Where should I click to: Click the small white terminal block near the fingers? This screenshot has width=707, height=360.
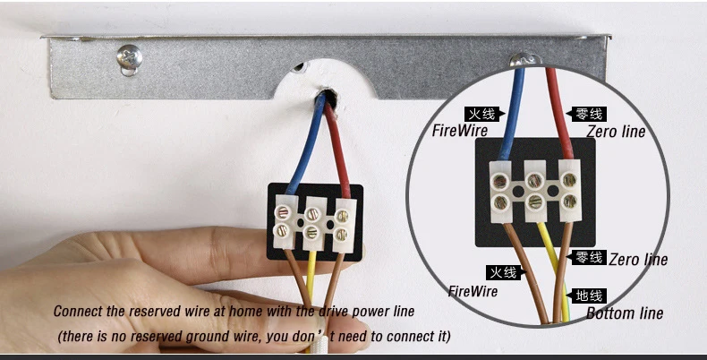pyautogui.click(x=312, y=224)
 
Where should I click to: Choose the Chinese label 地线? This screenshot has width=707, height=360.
pyautogui.click(x=590, y=296)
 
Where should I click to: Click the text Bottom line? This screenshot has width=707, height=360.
pyautogui.click(x=625, y=313)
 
